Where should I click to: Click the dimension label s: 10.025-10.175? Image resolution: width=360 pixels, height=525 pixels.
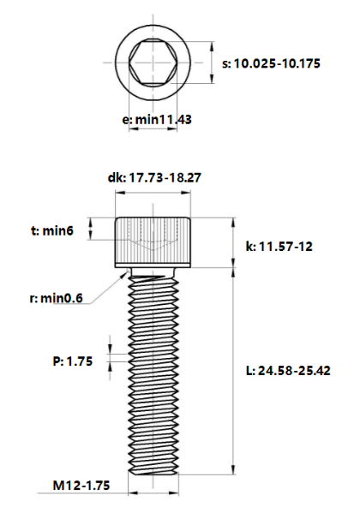271,63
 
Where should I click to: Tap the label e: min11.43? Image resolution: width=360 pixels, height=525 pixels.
157,120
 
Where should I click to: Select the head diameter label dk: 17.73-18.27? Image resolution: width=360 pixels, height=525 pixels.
154,177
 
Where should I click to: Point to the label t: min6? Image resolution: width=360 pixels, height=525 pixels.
52,230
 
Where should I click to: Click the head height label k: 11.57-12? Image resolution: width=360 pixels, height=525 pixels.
279,247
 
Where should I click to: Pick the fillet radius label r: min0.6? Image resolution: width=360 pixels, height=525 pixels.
56,298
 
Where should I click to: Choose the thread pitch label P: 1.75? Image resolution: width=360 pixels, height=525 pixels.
73,361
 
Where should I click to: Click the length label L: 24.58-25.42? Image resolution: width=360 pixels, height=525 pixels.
288,371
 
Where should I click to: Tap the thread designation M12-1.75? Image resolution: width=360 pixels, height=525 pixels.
81,485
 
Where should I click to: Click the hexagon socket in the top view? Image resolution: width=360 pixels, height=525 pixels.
153,63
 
